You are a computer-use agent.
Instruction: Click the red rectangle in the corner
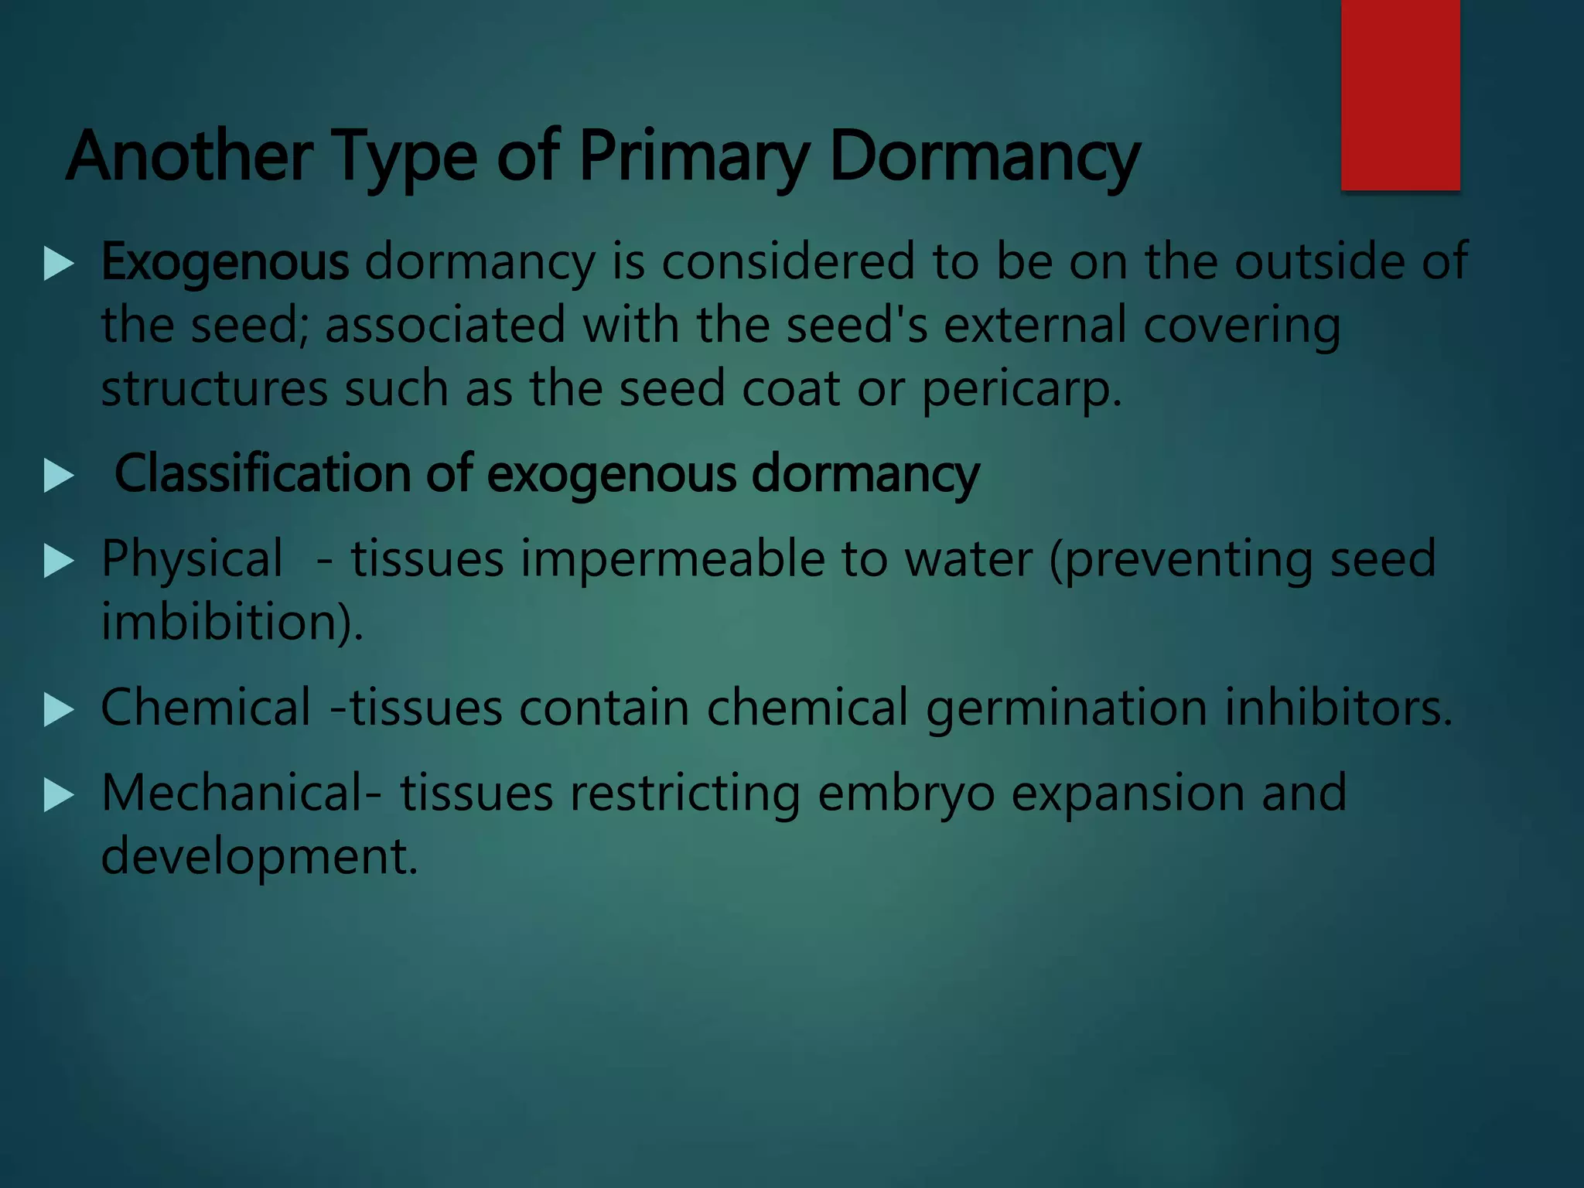(x=1400, y=94)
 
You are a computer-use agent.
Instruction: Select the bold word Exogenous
(x=225, y=262)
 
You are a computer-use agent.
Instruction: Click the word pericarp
(x=1020, y=389)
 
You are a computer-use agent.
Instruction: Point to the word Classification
(x=262, y=473)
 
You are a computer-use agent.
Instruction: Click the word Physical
(x=192, y=558)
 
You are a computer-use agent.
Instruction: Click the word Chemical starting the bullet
(x=206, y=708)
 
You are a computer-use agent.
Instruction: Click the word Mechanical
(x=232, y=794)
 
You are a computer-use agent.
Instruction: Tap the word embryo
(x=906, y=794)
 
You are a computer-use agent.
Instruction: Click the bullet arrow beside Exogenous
(x=59, y=264)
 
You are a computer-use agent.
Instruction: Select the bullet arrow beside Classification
(x=59, y=475)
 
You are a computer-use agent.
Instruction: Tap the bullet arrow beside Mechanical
(x=59, y=795)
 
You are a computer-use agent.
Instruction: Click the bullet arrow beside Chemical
(x=59, y=709)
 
